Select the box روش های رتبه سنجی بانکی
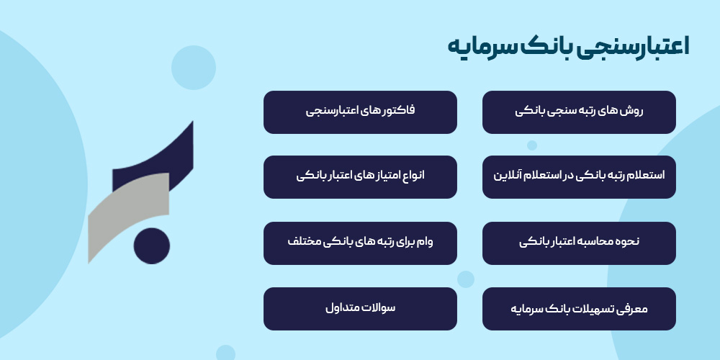tap(579, 112)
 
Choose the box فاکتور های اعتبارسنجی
tap(360, 112)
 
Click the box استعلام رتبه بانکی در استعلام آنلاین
tap(579, 176)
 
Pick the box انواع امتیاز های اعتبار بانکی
tap(360, 176)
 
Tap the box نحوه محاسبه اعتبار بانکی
tap(579, 243)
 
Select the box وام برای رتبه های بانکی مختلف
tap(360, 243)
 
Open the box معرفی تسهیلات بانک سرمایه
tap(579, 309)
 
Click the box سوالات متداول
tap(360, 309)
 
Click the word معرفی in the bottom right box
tap(633, 309)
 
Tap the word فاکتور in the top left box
tap(397, 112)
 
